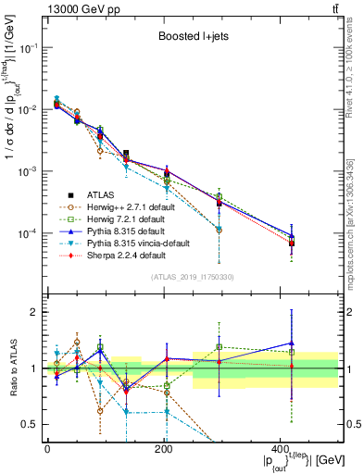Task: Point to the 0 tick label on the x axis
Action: (47, 449)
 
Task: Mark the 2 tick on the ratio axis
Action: (35, 312)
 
